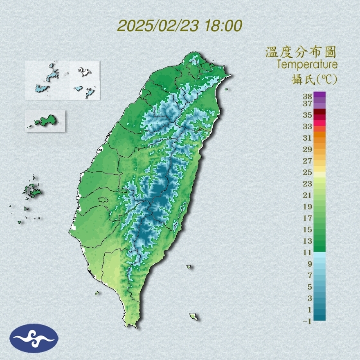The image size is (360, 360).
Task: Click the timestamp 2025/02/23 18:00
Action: coord(180,26)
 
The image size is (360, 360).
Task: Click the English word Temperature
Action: coord(307,65)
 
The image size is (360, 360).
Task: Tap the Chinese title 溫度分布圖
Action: coord(301,52)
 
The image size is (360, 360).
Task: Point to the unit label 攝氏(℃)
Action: coord(313,79)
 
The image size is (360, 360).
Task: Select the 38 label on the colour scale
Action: coord(308,97)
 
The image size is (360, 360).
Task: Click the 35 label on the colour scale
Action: coord(308,115)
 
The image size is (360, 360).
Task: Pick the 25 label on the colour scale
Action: coord(308,172)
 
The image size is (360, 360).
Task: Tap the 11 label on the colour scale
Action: coord(308,252)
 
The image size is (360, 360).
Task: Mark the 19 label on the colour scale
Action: coord(308,206)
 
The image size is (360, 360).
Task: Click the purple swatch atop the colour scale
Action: coord(319,94)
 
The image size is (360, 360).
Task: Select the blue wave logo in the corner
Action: coord(34,338)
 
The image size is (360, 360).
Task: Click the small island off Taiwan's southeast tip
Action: coord(194,317)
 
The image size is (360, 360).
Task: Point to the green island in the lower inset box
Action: coord(45,121)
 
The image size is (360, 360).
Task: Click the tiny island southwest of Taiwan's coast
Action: coord(97,293)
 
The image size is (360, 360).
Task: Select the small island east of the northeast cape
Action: coord(226,90)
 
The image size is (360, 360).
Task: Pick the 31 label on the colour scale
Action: coord(308,137)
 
